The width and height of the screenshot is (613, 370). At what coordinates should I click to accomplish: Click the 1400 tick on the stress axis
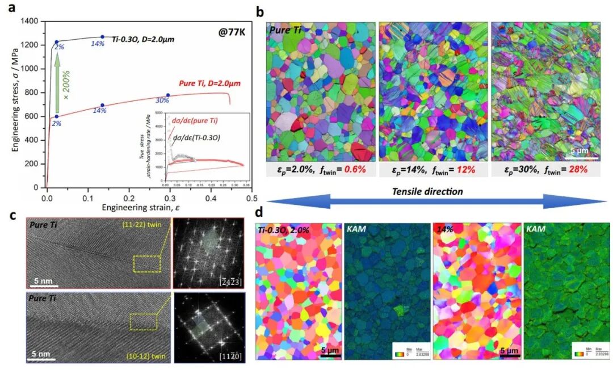(x=30, y=21)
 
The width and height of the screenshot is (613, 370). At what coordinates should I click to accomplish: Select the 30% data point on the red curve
(x=168, y=95)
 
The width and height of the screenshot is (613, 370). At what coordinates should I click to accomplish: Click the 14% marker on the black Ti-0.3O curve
(x=103, y=37)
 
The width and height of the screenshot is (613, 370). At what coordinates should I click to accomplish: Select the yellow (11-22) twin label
(x=144, y=226)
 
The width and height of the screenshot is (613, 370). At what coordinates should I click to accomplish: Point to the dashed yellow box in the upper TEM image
(x=147, y=264)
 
